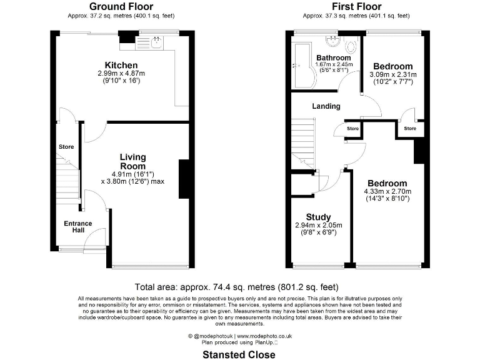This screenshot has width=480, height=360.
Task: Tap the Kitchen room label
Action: [x=121, y=66]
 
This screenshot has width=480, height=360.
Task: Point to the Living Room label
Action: [x=132, y=161]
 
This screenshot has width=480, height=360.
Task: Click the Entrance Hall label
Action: [x=77, y=227]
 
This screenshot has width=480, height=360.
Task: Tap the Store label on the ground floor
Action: [x=66, y=147]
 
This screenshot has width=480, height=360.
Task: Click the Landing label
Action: [x=326, y=106]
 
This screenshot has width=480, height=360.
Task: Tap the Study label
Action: [x=318, y=217]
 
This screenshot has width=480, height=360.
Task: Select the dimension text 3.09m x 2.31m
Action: [x=393, y=75]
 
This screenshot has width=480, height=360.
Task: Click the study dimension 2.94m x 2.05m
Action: [x=318, y=225]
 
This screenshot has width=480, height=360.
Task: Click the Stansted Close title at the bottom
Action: [x=239, y=354]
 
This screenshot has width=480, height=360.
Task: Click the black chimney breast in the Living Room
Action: [x=184, y=181]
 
